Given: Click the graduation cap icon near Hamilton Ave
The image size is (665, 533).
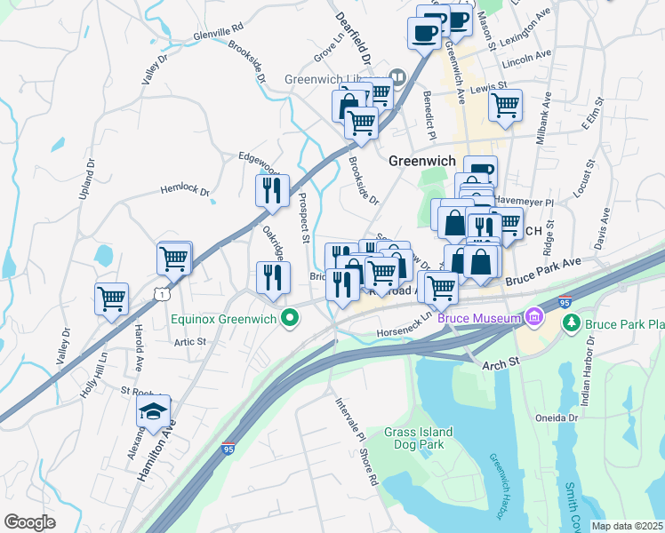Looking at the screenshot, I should pyautogui.click(x=153, y=413).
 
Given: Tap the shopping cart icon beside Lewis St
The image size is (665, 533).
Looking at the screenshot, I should pyautogui.click(x=505, y=106).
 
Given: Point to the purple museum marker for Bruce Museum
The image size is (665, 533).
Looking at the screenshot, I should pyautogui.click(x=535, y=316).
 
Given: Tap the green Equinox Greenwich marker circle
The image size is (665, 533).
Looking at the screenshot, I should pyautogui.click(x=289, y=317).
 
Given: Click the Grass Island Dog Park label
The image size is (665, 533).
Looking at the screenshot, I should pyautogui.click(x=418, y=440).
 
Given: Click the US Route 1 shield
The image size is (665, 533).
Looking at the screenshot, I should pyautogui.click(x=161, y=293).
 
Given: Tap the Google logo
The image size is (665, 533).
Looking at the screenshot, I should pyautogui.click(x=30, y=521).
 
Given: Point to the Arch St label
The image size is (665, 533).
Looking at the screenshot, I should pyautogui.click(x=501, y=364).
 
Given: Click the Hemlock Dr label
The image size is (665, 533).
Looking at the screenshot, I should pyautogui.click(x=184, y=190).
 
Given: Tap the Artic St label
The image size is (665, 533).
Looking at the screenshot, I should pyautogui.click(x=189, y=341).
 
